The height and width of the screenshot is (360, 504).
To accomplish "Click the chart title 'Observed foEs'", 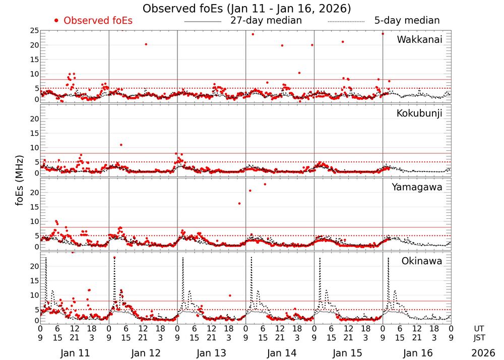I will click(246, 9).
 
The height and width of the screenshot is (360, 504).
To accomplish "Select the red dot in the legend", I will click(56, 21).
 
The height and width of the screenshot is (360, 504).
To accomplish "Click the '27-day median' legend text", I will click(266, 21).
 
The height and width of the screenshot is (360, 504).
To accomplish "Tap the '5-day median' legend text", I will click(407, 21).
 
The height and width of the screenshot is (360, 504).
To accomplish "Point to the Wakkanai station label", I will click(419, 39).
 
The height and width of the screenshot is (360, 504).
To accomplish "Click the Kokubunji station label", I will click(419, 113).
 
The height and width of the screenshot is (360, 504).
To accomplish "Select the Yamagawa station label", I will click(417, 187).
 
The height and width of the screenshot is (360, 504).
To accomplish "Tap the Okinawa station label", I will click(421, 261).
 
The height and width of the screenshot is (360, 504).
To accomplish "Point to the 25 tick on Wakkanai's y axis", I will click(34, 31).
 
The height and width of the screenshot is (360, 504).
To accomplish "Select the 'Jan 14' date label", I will click(280, 353).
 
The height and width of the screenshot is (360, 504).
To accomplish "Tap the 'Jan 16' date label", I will click(416, 353).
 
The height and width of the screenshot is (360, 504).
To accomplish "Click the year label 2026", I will click(483, 353).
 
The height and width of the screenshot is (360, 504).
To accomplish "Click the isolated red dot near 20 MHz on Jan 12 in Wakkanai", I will click(146, 44).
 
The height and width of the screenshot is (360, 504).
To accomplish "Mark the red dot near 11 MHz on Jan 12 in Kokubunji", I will click(121, 145).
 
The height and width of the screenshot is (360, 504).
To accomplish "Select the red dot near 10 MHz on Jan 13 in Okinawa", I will click(230, 295).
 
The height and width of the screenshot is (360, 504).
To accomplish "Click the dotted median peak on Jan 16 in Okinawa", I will click(388, 258).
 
